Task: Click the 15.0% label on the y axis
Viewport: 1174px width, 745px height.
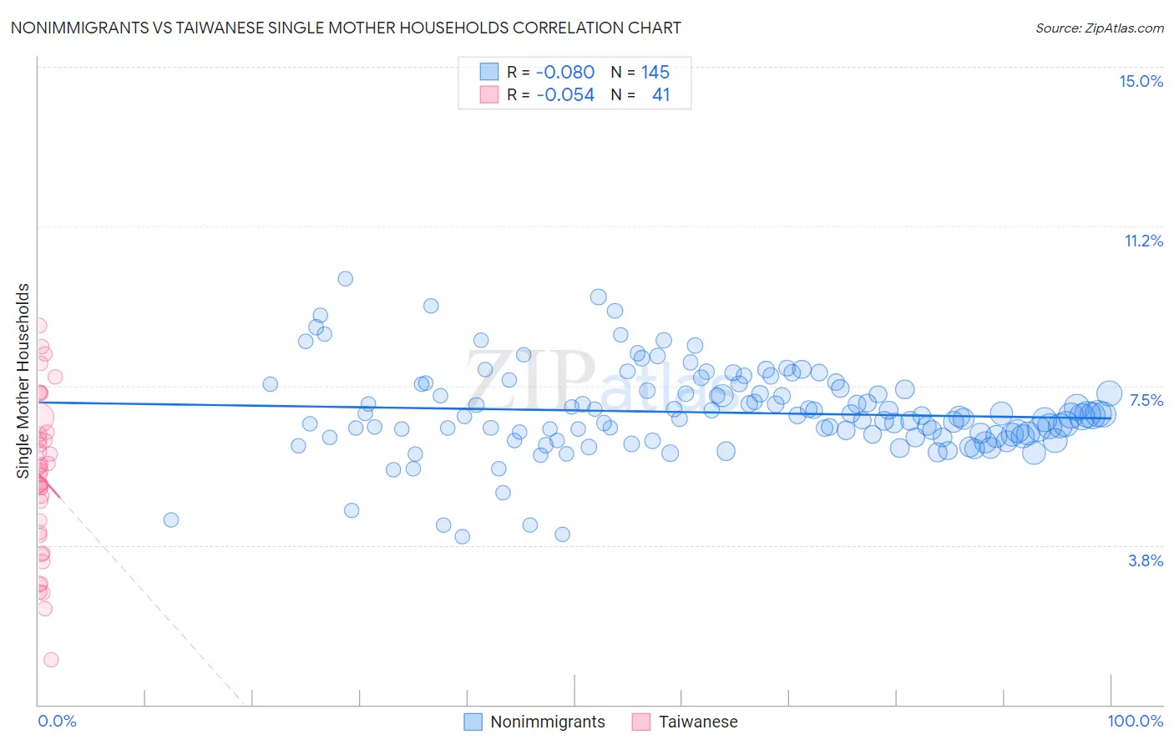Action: click(1141, 81)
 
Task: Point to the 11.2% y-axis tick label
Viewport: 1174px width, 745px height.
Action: click(1143, 241)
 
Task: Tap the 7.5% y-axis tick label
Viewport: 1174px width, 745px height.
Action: click(1146, 400)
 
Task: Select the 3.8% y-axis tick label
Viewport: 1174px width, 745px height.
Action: click(1146, 560)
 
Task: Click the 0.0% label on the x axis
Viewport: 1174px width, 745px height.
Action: click(57, 721)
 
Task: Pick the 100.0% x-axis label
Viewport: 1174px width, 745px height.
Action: click(1135, 721)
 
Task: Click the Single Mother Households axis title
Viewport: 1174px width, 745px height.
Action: click(23, 381)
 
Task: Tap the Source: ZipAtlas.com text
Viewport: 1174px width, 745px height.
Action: click(1099, 28)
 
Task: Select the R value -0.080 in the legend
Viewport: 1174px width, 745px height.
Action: click(565, 72)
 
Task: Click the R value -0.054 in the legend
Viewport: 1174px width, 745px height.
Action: click(565, 94)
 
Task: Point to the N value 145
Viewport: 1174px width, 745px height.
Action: click(655, 72)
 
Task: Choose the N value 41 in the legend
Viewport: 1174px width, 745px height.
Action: click(660, 94)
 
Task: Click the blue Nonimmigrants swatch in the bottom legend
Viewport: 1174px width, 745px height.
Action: click(473, 722)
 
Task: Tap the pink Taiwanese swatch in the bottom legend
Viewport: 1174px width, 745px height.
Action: click(641, 722)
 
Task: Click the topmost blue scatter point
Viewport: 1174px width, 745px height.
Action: click(345, 279)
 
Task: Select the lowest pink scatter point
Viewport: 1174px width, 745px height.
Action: click(51, 660)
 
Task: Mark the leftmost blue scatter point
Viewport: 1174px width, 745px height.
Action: click(171, 519)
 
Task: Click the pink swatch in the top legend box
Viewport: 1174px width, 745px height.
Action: click(489, 94)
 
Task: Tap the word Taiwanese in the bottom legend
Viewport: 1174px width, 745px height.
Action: click(698, 722)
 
